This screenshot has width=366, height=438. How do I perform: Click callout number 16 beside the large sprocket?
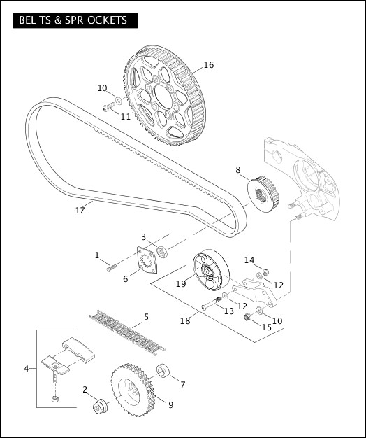(x=208, y=65)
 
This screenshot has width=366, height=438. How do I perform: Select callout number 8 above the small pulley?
(x=237, y=169)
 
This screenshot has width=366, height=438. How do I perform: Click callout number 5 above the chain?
(x=146, y=317)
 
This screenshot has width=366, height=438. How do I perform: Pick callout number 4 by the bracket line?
(x=27, y=368)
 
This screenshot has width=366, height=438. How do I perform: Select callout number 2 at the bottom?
(x=85, y=390)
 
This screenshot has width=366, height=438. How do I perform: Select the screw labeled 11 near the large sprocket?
(x=108, y=107)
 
